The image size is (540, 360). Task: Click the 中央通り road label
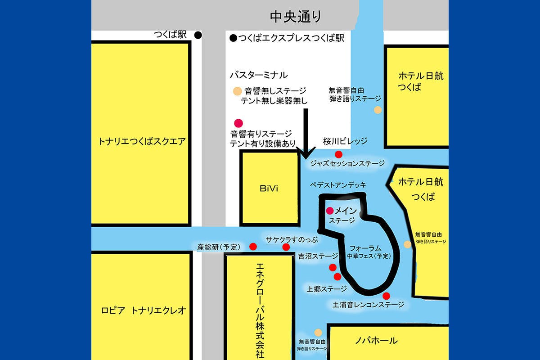(x=296, y=17)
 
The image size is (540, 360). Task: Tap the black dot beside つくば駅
(x=198, y=35)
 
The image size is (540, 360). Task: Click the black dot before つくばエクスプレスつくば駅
(x=233, y=39)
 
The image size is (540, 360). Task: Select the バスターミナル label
(x=258, y=75)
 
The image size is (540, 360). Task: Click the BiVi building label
(x=269, y=189)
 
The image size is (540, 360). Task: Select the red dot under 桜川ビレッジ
(x=339, y=154)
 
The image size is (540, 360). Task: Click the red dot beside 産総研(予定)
(x=253, y=247)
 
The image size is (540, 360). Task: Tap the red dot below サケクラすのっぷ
(x=286, y=247)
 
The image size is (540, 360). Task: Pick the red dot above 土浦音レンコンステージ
(x=386, y=296)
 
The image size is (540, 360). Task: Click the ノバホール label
(x=377, y=341)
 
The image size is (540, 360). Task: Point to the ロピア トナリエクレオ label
(x=144, y=310)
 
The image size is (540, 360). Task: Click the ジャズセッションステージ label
(x=347, y=164)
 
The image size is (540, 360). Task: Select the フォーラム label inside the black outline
(x=365, y=248)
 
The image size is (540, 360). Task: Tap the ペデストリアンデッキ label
(x=338, y=185)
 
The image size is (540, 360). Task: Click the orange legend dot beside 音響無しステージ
(x=237, y=91)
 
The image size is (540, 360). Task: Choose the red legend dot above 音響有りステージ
(x=238, y=122)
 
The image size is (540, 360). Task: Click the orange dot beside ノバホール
(x=318, y=332)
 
